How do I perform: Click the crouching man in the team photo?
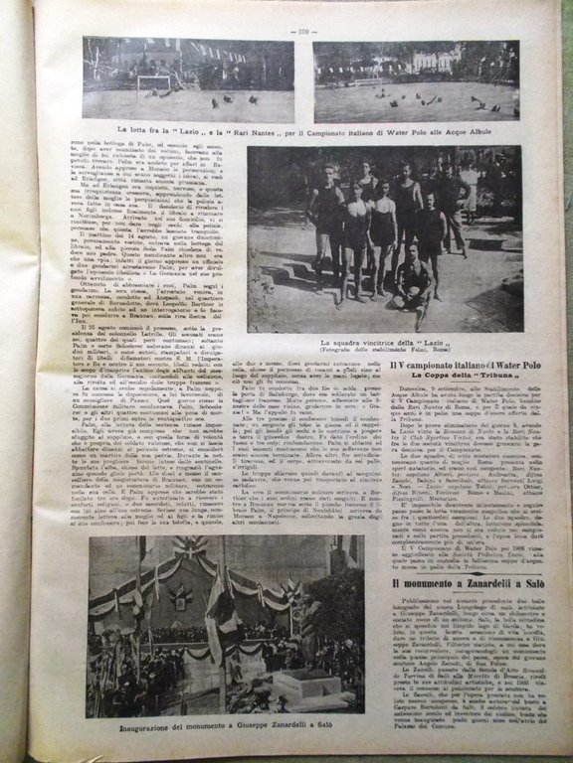click(410, 277)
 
